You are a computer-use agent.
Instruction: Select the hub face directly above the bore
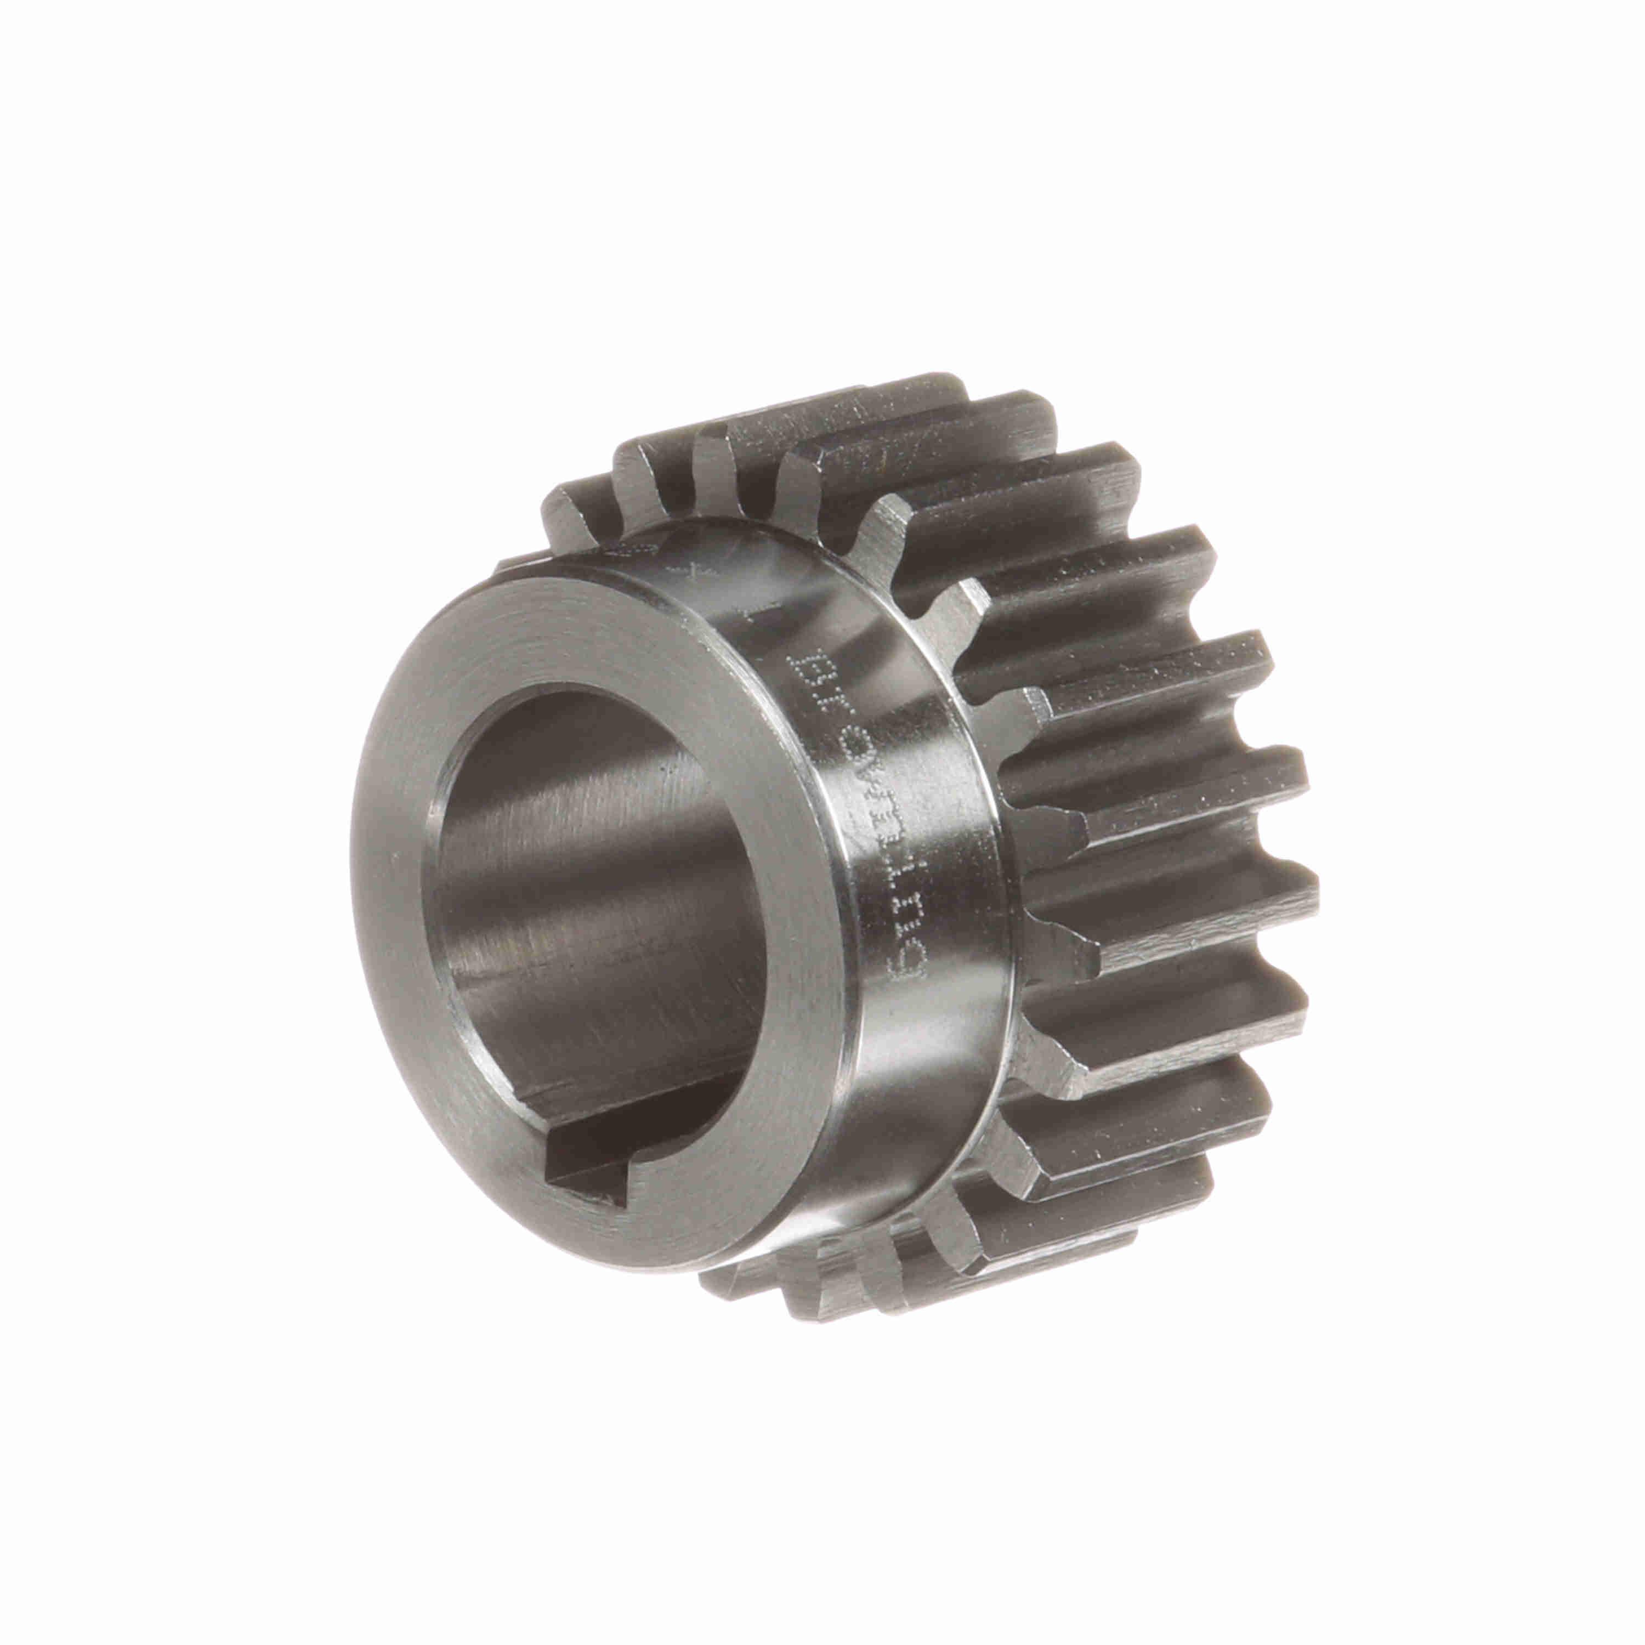pos(596,630)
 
